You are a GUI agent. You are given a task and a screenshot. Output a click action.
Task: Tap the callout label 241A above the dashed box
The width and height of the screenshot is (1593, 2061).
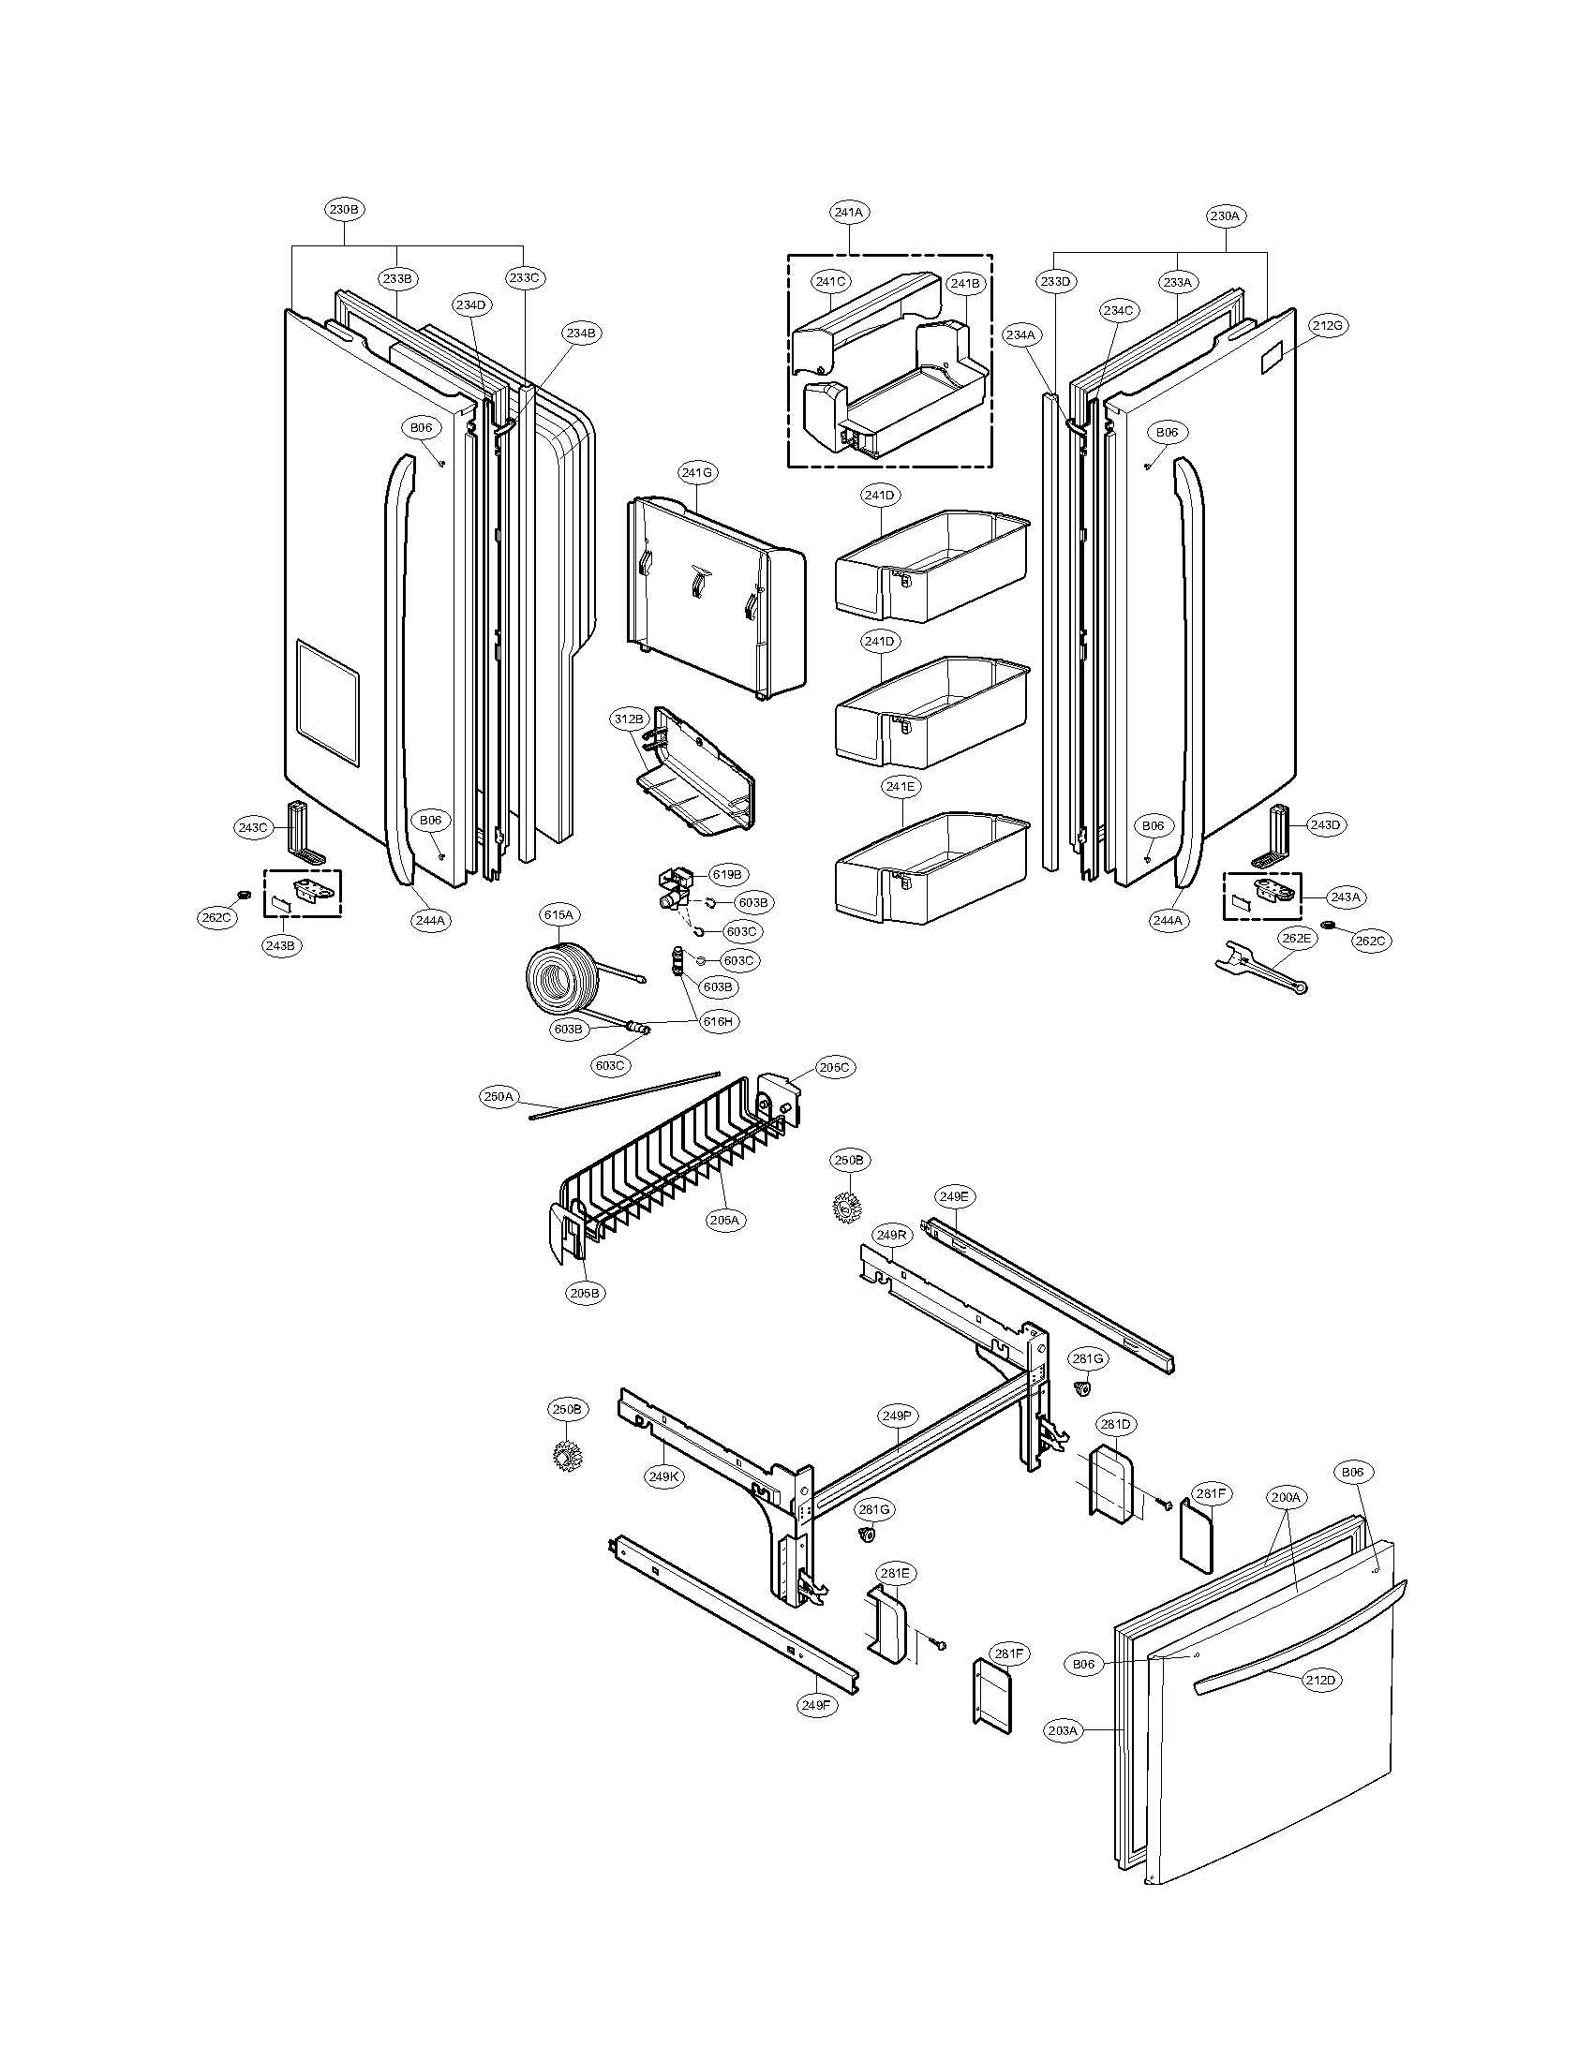(x=848, y=213)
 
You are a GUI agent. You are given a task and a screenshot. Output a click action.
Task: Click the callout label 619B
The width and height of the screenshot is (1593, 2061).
(x=726, y=875)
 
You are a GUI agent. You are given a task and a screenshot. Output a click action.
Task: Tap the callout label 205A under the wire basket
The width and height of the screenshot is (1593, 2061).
(x=723, y=1219)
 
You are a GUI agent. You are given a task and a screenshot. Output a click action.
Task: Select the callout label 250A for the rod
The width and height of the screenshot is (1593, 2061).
(x=499, y=1097)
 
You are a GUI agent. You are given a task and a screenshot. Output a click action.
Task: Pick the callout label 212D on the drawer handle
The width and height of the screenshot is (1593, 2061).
(x=1321, y=1680)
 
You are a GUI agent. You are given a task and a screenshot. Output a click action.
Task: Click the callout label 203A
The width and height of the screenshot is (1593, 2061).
(x=1063, y=1730)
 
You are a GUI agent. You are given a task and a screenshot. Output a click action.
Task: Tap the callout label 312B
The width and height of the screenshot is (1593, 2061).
(x=629, y=719)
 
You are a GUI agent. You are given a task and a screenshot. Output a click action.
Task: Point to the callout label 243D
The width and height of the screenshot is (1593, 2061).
(x=1325, y=824)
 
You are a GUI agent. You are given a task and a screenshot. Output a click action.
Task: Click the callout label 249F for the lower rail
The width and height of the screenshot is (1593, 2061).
(x=817, y=1704)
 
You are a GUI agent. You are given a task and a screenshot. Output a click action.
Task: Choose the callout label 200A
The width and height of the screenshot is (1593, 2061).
(x=1286, y=1497)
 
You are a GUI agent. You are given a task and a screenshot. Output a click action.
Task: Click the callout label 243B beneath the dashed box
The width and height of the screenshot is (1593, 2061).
(x=282, y=945)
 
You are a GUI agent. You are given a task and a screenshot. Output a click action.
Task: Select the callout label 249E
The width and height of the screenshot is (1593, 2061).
(x=954, y=1196)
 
